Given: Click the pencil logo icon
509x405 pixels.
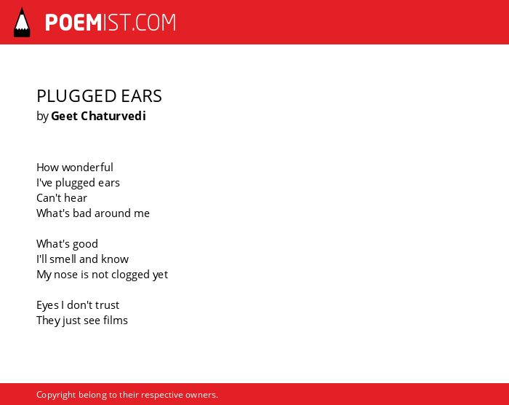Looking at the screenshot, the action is coord(22,23).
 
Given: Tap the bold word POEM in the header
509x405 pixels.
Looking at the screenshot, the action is coord(73,23).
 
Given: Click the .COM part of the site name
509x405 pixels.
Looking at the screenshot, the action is coord(153,23).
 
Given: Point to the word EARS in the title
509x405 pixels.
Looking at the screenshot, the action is coord(141,96).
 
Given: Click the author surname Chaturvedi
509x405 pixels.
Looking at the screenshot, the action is coord(113,116).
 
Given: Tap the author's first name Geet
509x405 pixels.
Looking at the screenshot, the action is coord(64,116).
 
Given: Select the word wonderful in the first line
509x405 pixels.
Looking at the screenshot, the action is coord(87,168).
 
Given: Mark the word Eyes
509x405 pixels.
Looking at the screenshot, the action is coord(47,305).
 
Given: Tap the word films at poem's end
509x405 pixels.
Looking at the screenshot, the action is coord(115,320).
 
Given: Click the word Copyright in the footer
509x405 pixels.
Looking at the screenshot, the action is coord(56,395).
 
